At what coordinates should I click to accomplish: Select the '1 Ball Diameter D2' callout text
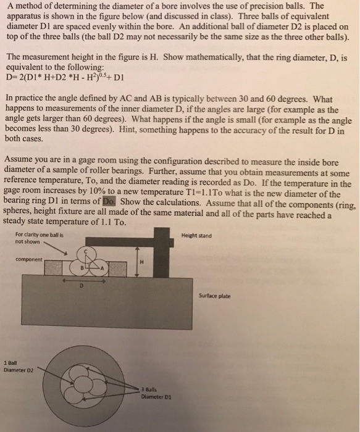coord(18,367)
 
